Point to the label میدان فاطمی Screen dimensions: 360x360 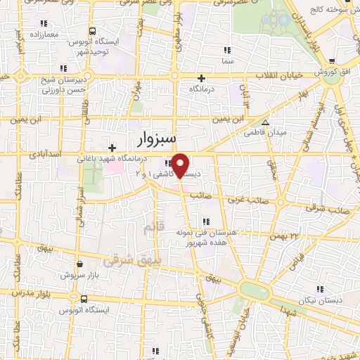[264, 131]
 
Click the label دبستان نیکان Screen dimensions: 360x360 [323, 300]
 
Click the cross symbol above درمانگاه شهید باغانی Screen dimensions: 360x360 [112, 147]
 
